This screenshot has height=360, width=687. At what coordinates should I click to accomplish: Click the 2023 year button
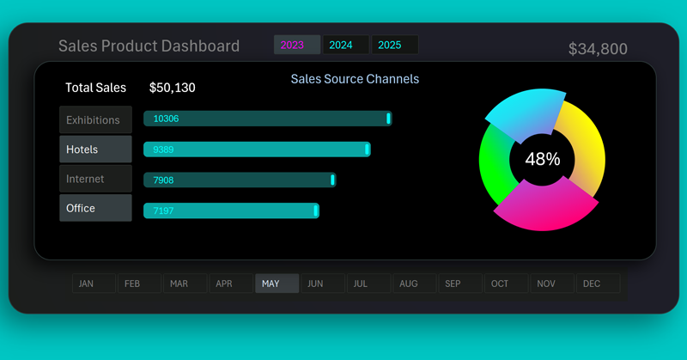pos(296,45)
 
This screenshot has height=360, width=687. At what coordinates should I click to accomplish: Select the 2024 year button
pos(345,45)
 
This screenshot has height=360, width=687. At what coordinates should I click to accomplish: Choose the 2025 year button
pos(394,45)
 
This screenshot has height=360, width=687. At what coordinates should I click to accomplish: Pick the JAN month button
pos(93,284)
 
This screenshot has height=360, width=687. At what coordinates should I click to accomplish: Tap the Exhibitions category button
pos(95,119)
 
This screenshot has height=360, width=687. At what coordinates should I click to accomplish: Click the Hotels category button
pos(95,149)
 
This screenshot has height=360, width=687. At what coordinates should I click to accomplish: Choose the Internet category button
pos(95,179)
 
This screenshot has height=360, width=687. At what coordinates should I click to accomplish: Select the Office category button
pos(95,208)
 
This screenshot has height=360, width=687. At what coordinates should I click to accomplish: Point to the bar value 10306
pos(166,119)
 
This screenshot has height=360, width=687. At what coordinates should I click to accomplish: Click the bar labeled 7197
pos(231,211)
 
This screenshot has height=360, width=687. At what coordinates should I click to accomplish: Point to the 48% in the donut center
pos(542,159)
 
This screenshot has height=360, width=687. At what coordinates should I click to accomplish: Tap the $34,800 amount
pos(598,50)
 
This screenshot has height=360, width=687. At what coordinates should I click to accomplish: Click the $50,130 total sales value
pos(178,88)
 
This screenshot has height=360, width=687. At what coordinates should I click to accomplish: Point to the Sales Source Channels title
pos(355,79)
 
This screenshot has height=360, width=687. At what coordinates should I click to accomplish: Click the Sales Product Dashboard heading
pos(149,46)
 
